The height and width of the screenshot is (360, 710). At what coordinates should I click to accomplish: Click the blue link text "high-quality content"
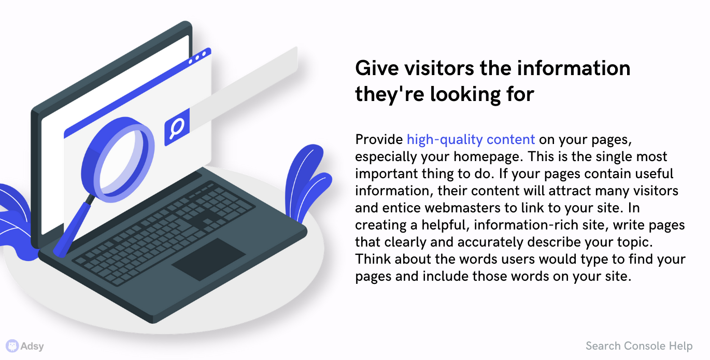(x=471, y=140)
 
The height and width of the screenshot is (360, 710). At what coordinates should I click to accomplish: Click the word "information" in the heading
(x=574, y=68)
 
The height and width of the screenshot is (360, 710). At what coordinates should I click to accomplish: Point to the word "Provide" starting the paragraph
(x=379, y=140)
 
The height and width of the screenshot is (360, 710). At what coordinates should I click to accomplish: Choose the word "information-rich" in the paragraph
(x=526, y=225)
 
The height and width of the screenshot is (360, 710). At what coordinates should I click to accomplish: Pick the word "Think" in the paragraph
(x=373, y=259)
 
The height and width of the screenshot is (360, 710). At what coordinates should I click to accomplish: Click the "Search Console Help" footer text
(x=638, y=345)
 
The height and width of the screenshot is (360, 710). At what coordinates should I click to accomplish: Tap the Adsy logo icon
(x=12, y=345)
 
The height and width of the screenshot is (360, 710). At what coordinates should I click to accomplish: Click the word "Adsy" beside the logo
(x=32, y=346)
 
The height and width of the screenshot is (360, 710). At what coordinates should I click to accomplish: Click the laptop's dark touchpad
(x=209, y=260)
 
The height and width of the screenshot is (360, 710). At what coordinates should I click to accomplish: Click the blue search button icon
(x=177, y=127)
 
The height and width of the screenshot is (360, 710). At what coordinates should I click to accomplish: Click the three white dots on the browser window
(x=197, y=58)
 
